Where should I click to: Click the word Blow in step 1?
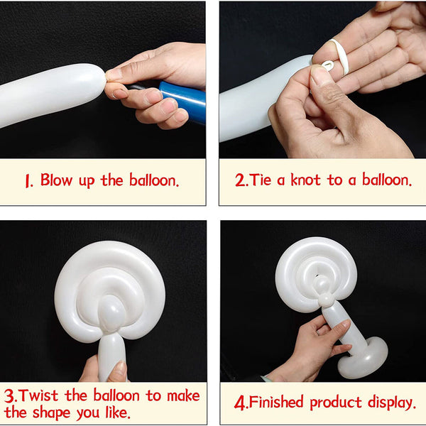tap(55, 180)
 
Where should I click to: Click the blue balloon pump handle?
tap(183, 100)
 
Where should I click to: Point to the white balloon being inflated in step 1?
tap(50, 94)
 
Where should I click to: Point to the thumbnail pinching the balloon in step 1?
tap(114, 73)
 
